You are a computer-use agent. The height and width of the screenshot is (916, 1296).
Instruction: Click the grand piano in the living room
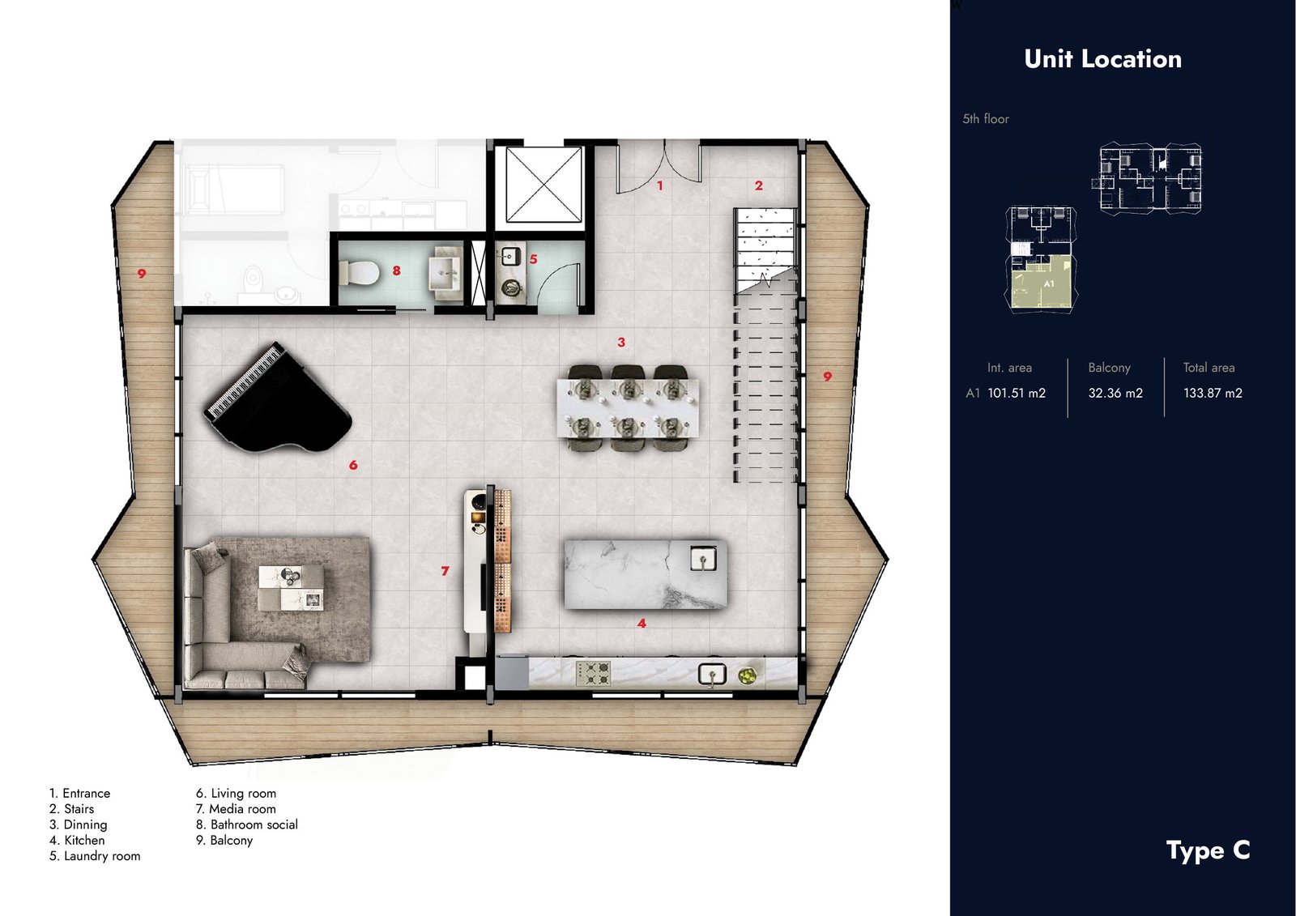278,399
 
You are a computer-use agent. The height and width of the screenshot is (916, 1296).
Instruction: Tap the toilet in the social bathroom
360,272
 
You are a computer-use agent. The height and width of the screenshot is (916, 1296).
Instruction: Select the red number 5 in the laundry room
534,259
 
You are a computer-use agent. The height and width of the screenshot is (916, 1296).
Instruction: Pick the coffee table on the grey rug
291,586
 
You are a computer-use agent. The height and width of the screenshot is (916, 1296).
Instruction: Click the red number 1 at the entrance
659,185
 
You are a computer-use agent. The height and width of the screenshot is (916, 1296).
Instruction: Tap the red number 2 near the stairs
758,185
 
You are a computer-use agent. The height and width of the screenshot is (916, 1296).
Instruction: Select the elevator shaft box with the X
544,184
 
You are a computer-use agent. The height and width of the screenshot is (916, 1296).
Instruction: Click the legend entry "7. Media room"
236,809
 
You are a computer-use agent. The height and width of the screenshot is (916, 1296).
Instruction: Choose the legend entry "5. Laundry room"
95,856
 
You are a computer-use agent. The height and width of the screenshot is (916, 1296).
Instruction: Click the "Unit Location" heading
1102,59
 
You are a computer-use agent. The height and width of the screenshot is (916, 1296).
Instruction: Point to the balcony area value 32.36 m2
1115,394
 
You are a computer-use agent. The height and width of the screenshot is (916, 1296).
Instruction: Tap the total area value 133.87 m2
1213,394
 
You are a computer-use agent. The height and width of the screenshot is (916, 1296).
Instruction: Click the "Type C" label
1208,850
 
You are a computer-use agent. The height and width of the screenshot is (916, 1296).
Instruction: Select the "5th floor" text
986,119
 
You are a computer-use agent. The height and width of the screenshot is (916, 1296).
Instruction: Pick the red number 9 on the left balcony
142,274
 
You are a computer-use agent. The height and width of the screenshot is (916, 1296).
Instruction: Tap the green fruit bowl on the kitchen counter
747,675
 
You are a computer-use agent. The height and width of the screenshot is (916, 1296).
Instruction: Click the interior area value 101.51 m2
1017,394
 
